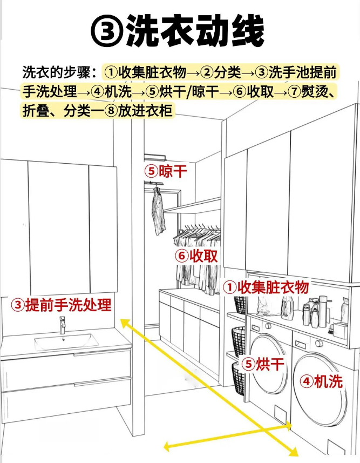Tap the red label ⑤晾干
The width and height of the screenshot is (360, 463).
pos(166,171)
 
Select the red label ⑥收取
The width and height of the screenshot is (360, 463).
pos(196,256)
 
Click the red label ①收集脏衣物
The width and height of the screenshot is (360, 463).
pos(266,287)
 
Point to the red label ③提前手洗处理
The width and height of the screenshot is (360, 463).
pos(61,305)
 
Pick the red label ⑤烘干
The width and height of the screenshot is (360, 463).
pos(263,364)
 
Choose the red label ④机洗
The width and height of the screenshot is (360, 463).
pos(321,381)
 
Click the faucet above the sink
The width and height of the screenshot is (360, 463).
pos(62,325)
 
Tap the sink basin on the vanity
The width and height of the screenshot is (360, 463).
pos(66,341)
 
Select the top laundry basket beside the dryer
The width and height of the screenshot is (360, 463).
pos(240,305)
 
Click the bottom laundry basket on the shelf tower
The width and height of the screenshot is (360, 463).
pos(239,379)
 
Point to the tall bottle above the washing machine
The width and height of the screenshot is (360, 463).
pos(323,312)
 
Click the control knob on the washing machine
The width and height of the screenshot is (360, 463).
pos(318,343)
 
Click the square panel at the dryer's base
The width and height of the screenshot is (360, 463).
pos(280,413)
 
